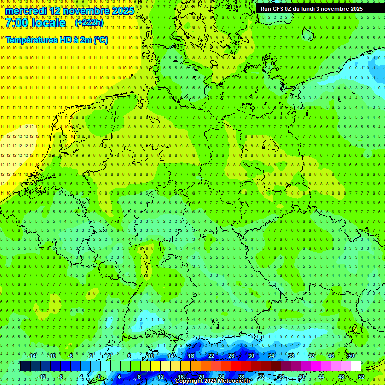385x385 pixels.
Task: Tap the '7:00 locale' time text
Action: pyautogui.click(x=36, y=23)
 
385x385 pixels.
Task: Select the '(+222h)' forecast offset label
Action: pyautogui.click(x=89, y=23)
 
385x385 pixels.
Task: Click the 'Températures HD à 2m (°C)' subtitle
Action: pyautogui.click(x=57, y=40)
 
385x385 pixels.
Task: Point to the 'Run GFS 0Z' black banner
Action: pyautogui.click(x=312, y=9)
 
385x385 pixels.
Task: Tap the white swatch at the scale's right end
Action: pyautogui.click(x=356, y=366)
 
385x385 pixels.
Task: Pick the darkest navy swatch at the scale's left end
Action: pyautogui.click(x=25, y=366)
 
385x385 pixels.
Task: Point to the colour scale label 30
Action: pyautogui.click(x=251, y=356)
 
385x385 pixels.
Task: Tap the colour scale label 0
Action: pyautogui.click(x=99, y=377)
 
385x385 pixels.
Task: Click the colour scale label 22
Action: pyautogui.click(x=211, y=356)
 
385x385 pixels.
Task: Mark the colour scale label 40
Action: pyautogui.click(x=301, y=377)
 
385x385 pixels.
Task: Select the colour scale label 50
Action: pyautogui.click(x=351, y=356)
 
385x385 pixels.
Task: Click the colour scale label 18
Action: pyautogui.click(x=191, y=356)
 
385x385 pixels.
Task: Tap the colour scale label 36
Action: pyautogui.click(x=281, y=377)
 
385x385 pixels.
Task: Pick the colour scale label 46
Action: pyautogui.click(x=331, y=356)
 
